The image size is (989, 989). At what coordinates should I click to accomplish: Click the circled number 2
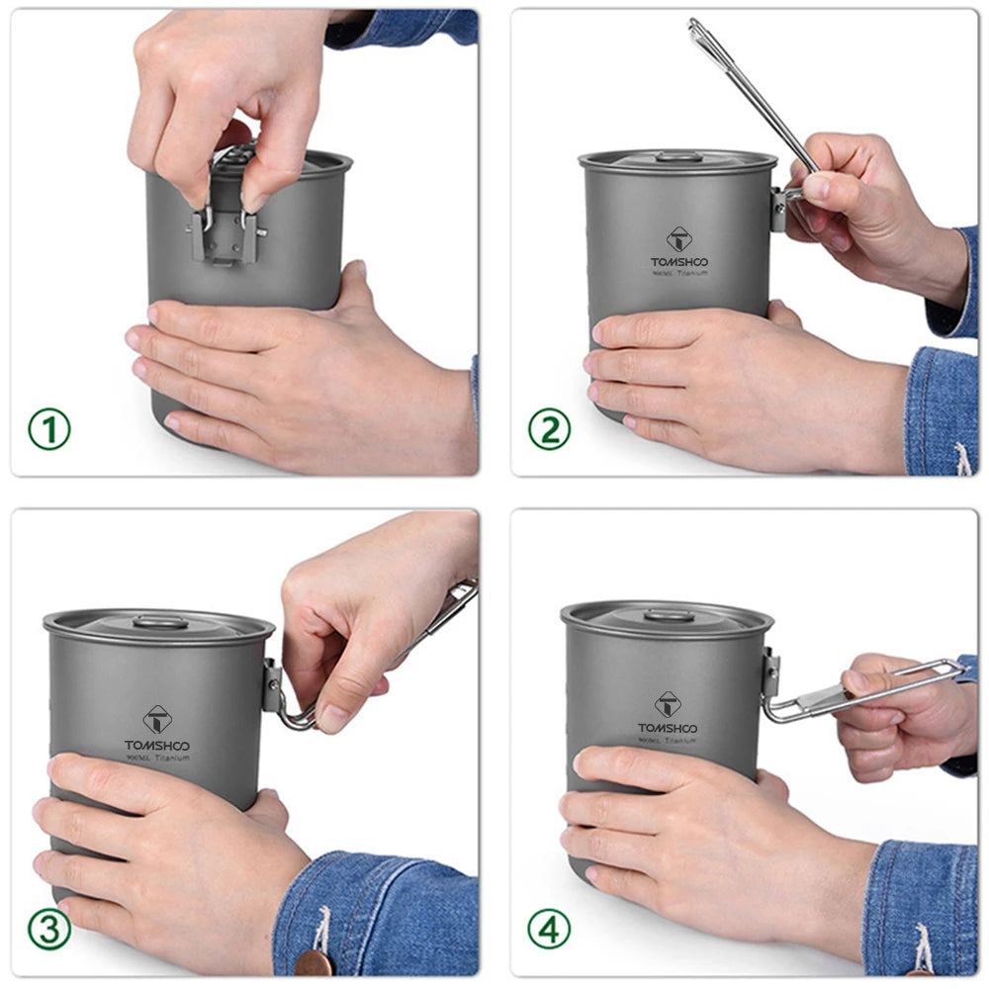coord(549,429)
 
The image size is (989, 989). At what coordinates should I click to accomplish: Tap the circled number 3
coord(48,930)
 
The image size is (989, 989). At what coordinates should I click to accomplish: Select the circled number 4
coord(549,930)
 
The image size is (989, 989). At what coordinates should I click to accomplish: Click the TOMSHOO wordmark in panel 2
coord(679,262)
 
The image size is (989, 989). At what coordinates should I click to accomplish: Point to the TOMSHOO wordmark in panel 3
coord(157,745)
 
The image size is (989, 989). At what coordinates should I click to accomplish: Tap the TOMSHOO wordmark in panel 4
coord(669,728)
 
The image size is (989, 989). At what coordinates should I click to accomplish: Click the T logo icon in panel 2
coord(679,238)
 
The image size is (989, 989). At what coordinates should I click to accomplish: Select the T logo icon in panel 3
coord(157,719)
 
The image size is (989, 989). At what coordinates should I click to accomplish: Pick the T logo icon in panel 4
coord(669,704)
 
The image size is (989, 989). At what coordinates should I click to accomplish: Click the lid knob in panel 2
coord(678,156)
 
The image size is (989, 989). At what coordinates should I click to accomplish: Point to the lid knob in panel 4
coord(669,615)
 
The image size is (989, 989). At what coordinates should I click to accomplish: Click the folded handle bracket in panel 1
coord(225,233)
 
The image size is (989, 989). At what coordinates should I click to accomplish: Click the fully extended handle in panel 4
coord(870,690)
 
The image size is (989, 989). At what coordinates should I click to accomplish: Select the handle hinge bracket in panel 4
coord(770,673)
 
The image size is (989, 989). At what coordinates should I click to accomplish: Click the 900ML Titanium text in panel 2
coord(679,273)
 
